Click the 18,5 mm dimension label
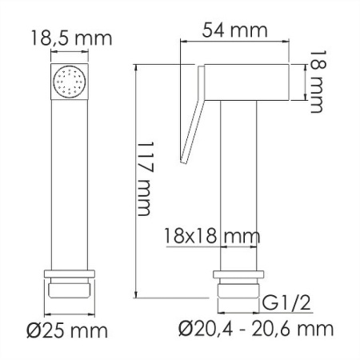[x=70, y=38]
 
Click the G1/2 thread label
[x=287, y=303]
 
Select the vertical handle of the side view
[x=238, y=184]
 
